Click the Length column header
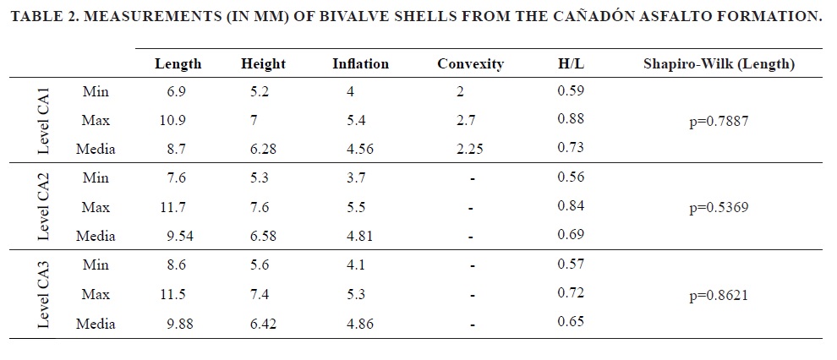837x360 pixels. [178, 63]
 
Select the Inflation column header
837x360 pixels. [360, 63]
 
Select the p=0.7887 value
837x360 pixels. [719, 121]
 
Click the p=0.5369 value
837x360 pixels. [719, 207]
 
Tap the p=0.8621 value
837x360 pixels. [719, 295]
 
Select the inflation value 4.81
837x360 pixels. [360, 236]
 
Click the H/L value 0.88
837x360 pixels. [571, 119]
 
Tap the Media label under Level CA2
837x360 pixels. [95, 236]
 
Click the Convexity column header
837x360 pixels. [470, 63]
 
